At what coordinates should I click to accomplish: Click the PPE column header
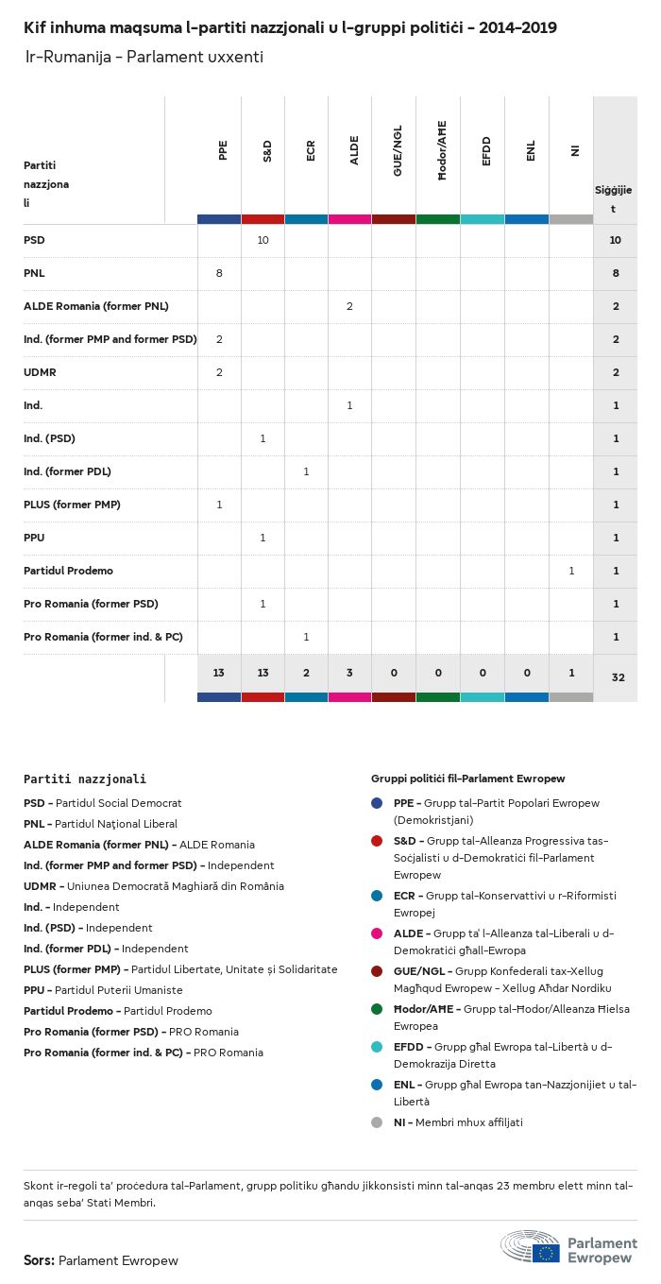pyautogui.click(x=223, y=150)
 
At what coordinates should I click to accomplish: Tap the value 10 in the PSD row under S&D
pyautogui.click(x=263, y=240)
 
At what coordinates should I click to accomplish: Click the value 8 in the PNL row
pyautogui.click(x=219, y=273)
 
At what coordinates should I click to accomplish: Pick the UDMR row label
pyautogui.click(x=40, y=372)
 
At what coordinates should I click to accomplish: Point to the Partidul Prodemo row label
pyautogui.click(x=68, y=571)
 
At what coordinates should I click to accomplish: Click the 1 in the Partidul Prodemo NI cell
pyautogui.click(x=571, y=571)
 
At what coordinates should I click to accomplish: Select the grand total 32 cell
pyautogui.click(x=615, y=677)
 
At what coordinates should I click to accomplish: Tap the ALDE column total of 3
pyautogui.click(x=350, y=673)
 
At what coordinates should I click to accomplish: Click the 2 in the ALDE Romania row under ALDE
pyautogui.click(x=350, y=306)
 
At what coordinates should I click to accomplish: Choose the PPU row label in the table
pyautogui.click(x=34, y=538)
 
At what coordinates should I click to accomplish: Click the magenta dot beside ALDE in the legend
pyautogui.click(x=377, y=933)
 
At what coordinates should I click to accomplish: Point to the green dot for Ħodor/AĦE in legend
pyautogui.click(x=377, y=1009)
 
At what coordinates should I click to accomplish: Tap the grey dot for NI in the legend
pyautogui.click(x=377, y=1122)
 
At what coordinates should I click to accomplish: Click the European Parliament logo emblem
pyautogui.click(x=532, y=1246)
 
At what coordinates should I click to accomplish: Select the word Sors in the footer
pyautogui.click(x=39, y=1260)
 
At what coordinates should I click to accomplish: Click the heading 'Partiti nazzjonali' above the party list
pyautogui.click(x=85, y=779)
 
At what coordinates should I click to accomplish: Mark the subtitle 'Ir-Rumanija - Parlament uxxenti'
pyautogui.click(x=144, y=58)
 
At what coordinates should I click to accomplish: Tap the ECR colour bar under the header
pyautogui.click(x=307, y=219)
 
